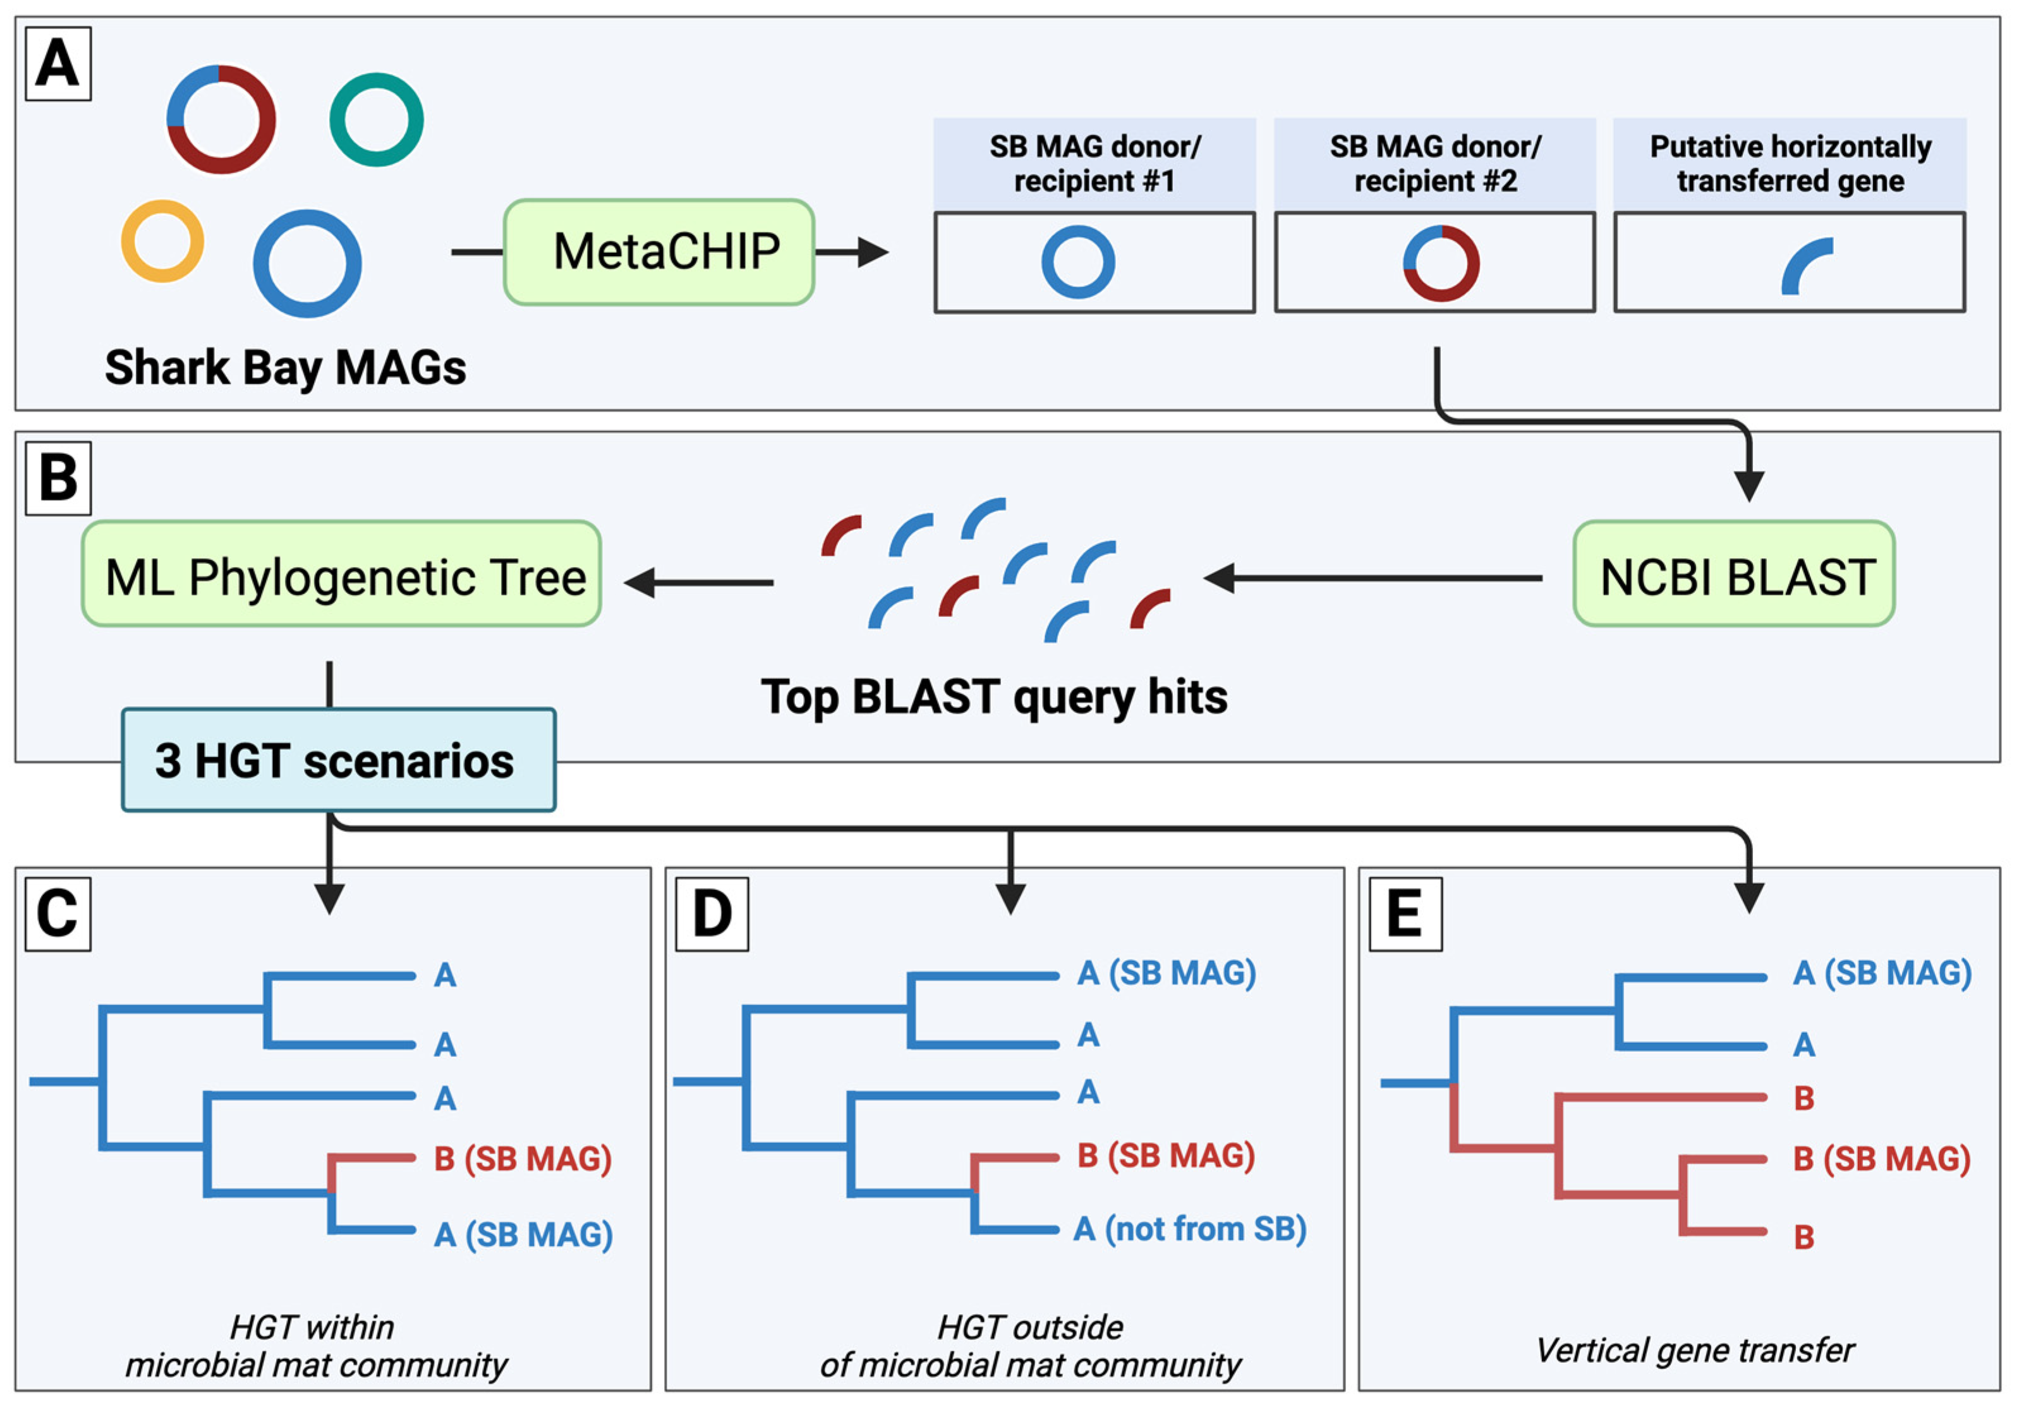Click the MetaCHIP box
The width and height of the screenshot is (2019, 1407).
coord(658,252)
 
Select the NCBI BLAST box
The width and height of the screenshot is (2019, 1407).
coord(1733,574)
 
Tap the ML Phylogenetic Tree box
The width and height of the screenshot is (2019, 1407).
coord(341,574)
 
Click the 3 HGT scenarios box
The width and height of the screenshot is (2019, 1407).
coord(339,760)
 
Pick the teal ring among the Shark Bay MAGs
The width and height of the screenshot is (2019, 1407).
coord(377,119)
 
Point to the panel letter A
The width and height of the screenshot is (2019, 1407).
coord(58,64)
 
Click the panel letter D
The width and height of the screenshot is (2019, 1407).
coord(712,914)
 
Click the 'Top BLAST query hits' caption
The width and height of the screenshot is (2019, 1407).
coord(993,697)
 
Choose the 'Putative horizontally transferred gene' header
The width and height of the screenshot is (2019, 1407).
coord(1790,164)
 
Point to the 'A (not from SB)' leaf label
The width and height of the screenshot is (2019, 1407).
coord(1190,1229)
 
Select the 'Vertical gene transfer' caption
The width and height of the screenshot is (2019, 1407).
coord(1695,1350)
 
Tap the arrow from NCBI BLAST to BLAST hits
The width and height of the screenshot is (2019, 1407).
coord(1372,578)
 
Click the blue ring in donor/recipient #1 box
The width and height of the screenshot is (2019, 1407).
coord(1078,262)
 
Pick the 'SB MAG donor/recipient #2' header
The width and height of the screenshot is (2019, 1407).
coord(1434,164)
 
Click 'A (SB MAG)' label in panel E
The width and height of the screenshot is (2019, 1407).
coord(1882,973)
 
